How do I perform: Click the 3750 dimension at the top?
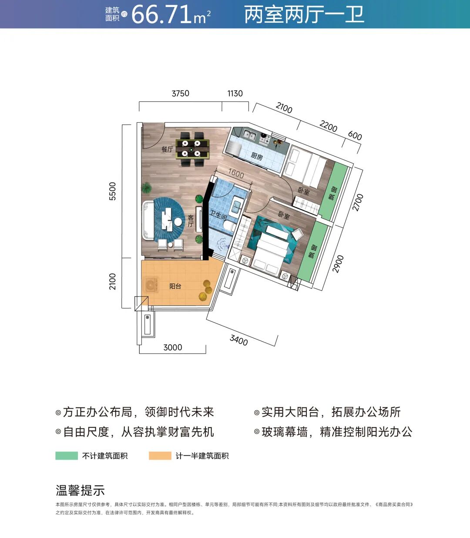pos(180,94)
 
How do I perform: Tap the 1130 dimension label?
pos(235,94)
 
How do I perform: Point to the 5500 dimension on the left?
pos(113,191)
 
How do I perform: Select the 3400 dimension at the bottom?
pos(239,340)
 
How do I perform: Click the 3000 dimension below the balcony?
pos(172,347)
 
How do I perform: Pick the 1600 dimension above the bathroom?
pos(236,173)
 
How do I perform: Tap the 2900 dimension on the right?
pos(338,264)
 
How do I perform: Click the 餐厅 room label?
pos(167,149)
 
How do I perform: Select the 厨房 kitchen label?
pos(257,156)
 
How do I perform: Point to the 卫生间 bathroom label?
pos(218,215)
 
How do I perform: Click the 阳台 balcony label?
pos(175,286)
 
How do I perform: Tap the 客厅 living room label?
pos(190,221)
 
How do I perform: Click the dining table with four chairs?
pos(191,148)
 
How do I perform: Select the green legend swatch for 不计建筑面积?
pos(66,456)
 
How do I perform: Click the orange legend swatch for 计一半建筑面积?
pos(160,456)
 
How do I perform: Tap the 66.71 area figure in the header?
pos(161,15)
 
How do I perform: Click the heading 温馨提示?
pos(80,491)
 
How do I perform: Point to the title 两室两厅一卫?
pos(304,15)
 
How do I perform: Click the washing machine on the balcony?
pos(151,286)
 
